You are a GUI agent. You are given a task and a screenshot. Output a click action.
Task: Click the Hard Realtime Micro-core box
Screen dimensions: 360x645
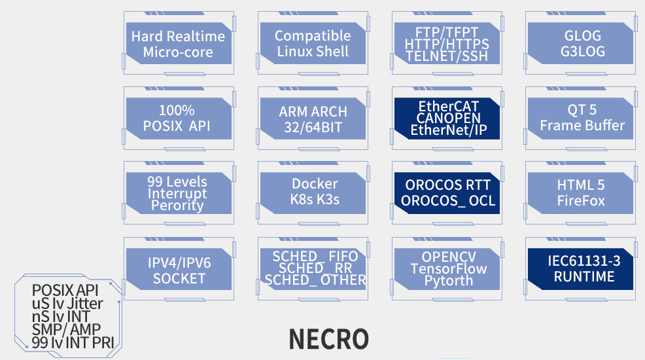[x=179, y=44]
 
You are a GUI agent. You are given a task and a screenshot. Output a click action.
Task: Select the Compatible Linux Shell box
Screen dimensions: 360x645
[x=313, y=44]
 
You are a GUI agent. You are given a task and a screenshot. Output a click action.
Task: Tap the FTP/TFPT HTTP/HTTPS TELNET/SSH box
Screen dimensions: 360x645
[x=447, y=43]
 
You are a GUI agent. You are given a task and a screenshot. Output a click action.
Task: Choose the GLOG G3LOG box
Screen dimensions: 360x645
[x=582, y=44]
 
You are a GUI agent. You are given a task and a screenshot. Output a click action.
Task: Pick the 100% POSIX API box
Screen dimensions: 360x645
[x=179, y=118]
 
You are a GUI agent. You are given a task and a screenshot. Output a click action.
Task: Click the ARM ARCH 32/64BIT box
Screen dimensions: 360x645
[x=313, y=118]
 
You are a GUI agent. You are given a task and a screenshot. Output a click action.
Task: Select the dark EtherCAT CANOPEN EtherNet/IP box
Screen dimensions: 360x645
[x=447, y=118]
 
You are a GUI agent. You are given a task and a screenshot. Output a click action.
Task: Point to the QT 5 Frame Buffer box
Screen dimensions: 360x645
[x=582, y=118]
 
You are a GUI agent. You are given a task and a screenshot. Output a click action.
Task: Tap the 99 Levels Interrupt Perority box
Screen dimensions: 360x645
[x=179, y=193]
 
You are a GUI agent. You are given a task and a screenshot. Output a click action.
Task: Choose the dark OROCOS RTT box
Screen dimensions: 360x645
[x=447, y=192]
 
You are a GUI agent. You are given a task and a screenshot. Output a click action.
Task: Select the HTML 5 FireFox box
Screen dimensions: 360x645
[x=582, y=192]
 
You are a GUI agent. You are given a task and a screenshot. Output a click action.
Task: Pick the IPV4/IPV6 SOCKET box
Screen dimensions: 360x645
[x=179, y=269]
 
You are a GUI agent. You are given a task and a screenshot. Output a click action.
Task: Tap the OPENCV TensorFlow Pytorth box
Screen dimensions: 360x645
[x=447, y=268]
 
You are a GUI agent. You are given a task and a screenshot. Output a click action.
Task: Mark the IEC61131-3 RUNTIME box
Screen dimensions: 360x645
[x=582, y=268]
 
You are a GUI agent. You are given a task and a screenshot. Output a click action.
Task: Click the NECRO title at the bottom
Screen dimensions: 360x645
[x=329, y=339]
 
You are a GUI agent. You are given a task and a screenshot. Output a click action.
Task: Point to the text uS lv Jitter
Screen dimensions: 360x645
[x=67, y=304]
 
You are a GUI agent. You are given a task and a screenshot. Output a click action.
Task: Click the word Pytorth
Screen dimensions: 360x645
[x=449, y=281]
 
